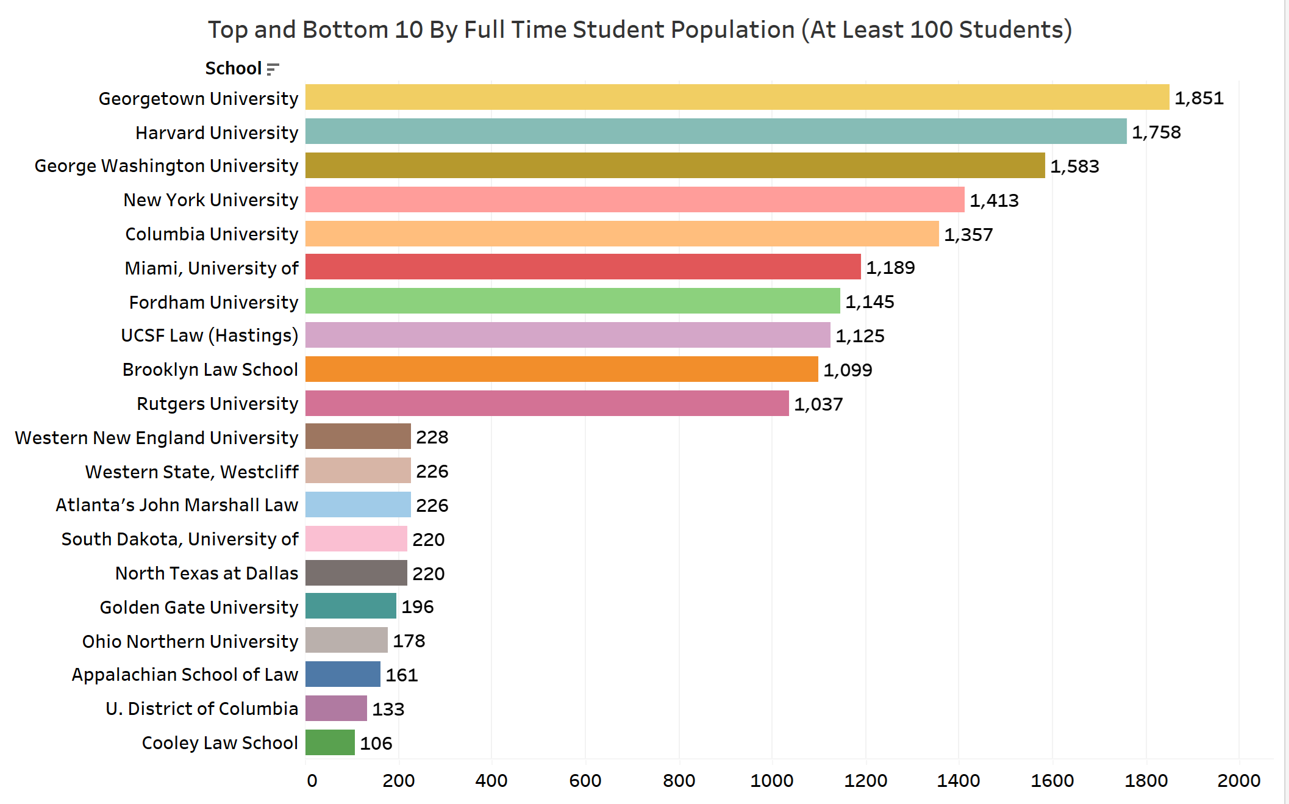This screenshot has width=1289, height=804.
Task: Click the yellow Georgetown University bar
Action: [737, 97]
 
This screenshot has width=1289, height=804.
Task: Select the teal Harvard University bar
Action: [715, 131]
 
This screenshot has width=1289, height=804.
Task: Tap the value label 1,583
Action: [1074, 167]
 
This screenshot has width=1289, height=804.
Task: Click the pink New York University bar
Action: [634, 199]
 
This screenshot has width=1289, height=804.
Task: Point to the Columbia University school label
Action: [212, 234]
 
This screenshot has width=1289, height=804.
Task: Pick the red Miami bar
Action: [582, 267]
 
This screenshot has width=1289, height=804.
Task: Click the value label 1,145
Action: [869, 302]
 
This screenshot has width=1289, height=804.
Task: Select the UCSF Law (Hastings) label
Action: [209, 336]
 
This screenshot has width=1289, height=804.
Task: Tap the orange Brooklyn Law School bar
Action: [561, 369]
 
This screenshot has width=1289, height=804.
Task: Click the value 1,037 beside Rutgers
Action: [818, 404]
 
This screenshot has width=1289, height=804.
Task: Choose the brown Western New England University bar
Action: [358, 437]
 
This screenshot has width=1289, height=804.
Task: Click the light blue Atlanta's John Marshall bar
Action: [358, 504]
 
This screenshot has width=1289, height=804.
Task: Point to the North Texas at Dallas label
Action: [207, 573]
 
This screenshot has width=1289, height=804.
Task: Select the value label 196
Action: [418, 607]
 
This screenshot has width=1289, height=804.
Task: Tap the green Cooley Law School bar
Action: [330, 742]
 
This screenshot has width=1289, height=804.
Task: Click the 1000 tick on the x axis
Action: [771, 781]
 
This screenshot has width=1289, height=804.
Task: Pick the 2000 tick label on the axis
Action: [1238, 781]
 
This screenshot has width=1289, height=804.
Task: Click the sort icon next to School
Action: [273, 69]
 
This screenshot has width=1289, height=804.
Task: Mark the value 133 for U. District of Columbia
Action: [388, 709]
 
